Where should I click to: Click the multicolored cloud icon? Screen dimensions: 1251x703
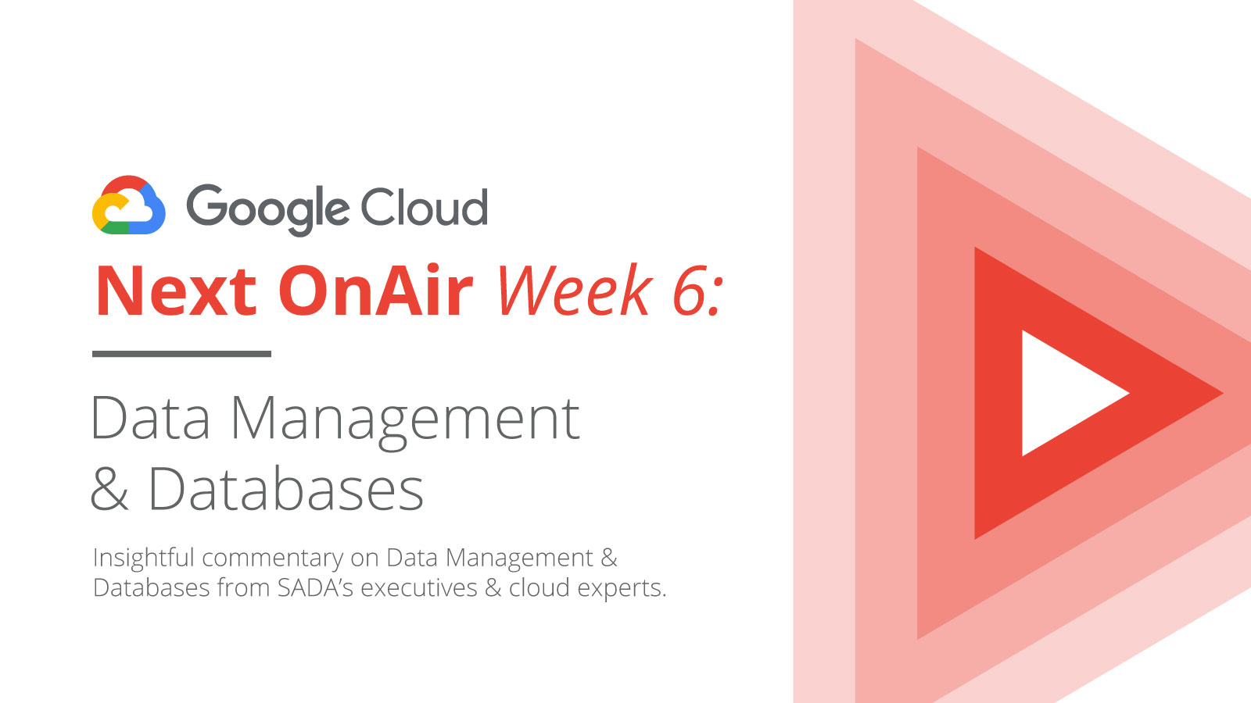pos(129,205)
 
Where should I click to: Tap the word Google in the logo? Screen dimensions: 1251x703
pos(268,210)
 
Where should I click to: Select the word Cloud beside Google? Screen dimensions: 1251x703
pos(425,206)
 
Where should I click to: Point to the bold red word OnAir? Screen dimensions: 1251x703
pos(375,291)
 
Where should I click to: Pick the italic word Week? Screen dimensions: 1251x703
pos(575,290)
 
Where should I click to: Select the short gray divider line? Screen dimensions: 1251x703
pos(181,354)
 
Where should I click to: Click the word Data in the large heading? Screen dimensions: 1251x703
pos(149,418)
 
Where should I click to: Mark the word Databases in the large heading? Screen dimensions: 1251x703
pos(286,488)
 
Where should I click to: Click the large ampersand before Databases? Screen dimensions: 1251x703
pos(109,489)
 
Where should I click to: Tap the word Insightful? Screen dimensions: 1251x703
pos(144,558)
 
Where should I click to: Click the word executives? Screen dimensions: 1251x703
pos(419,588)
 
